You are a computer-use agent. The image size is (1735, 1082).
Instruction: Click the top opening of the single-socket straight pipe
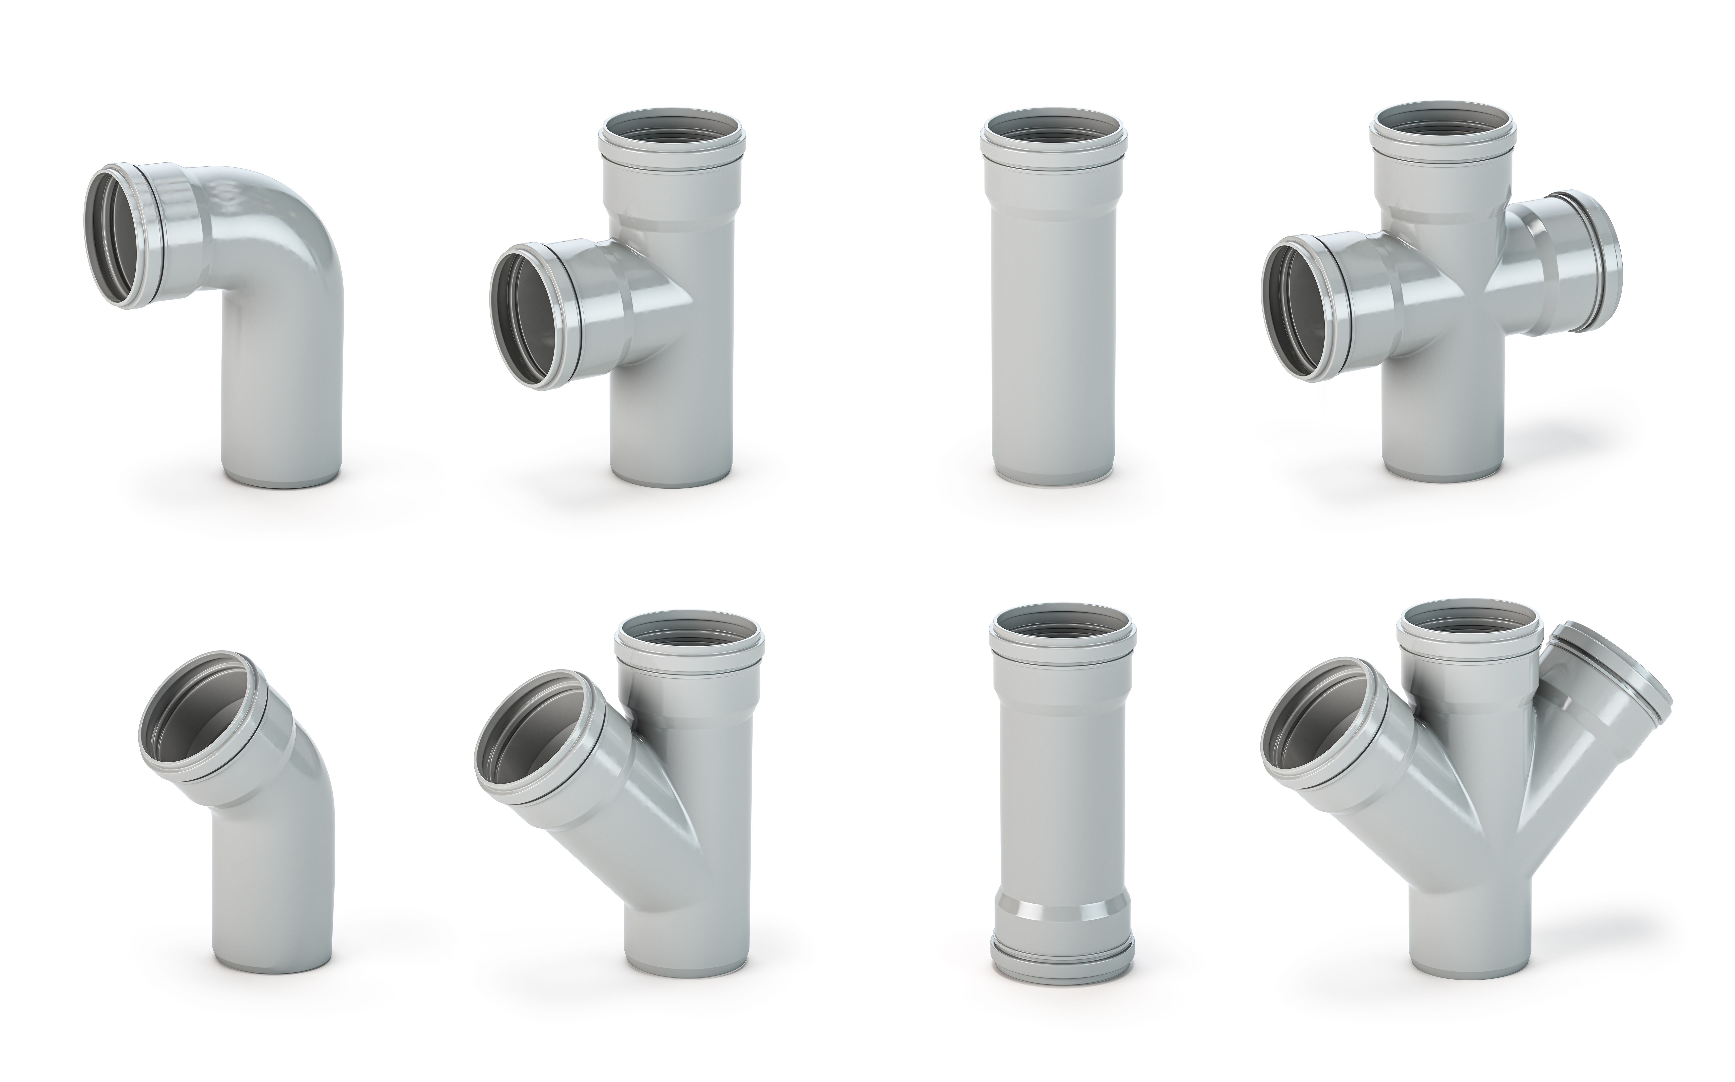(1054, 132)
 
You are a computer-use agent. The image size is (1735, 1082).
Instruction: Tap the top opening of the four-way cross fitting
(1443, 125)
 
